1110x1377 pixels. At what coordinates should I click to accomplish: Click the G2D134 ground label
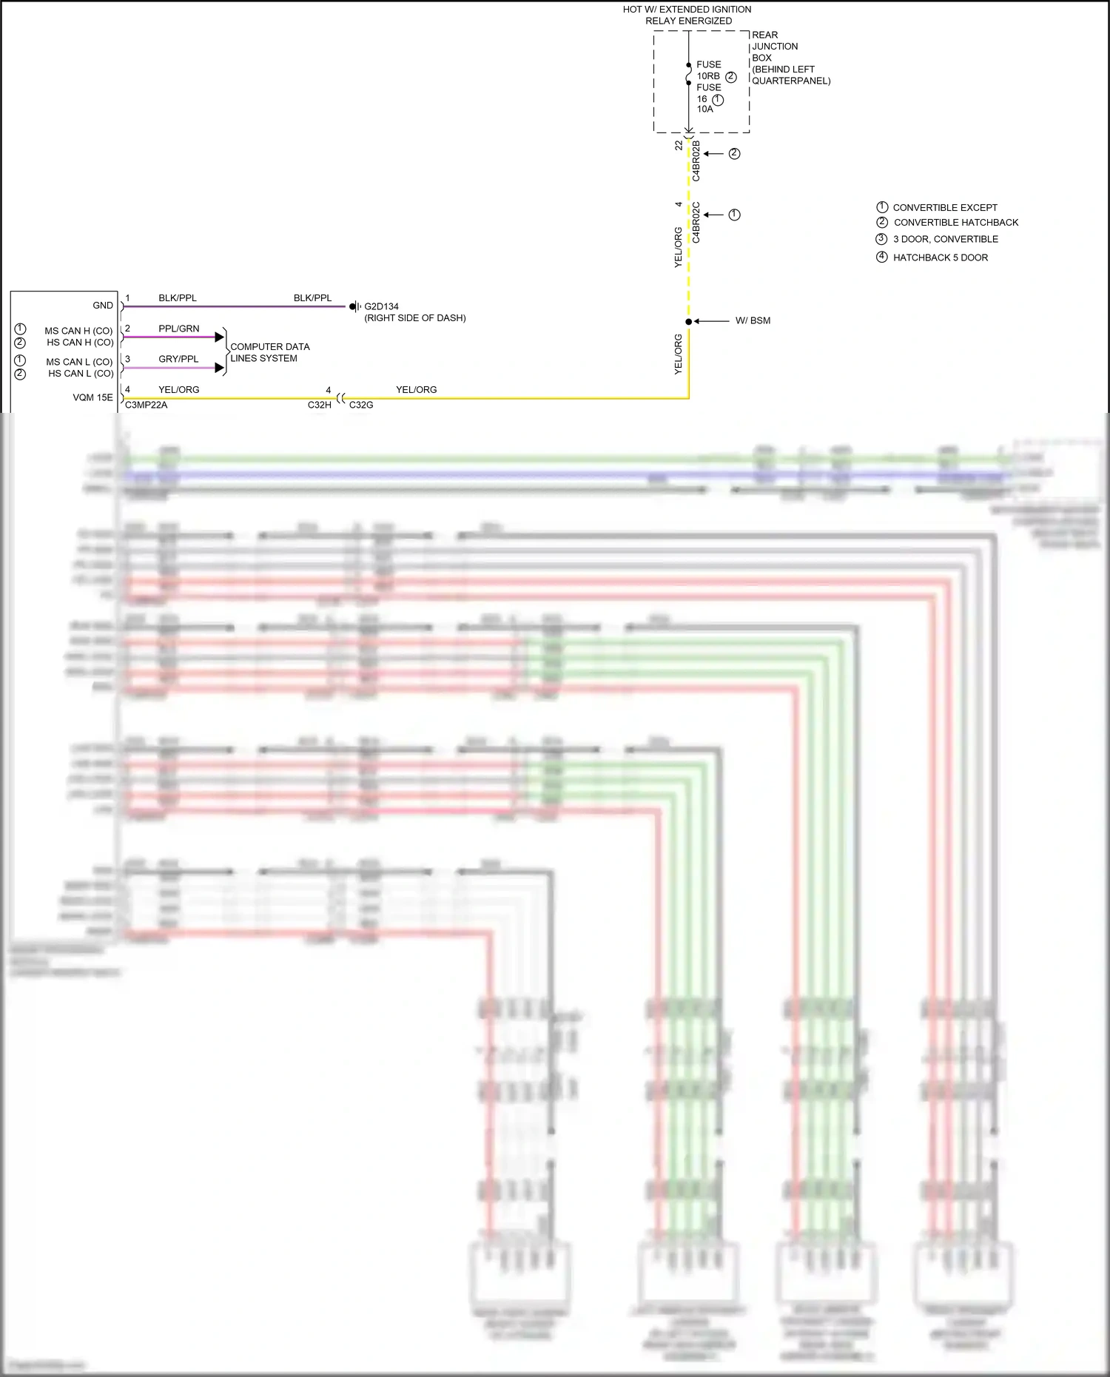click(381, 306)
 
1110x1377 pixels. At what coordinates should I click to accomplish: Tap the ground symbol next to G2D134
click(354, 306)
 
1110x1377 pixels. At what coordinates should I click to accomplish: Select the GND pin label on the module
click(103, 306)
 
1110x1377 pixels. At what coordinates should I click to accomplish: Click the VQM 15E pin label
click(93, 397)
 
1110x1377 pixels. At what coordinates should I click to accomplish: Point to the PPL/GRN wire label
click(178, 329)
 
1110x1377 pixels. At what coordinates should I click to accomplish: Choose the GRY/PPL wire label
click(178, 359)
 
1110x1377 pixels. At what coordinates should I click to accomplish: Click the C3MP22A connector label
click(146, 405)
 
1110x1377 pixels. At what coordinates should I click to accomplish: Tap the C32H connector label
click(319, 405)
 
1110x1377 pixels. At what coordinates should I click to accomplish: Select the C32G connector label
click(361, 405)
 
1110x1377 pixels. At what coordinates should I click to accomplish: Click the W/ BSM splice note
click(753, 320)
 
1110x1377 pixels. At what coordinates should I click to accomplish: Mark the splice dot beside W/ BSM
click(688, 322)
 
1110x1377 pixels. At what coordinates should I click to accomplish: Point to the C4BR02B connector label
click(696, 161)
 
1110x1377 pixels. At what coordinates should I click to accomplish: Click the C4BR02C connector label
click(696, 222)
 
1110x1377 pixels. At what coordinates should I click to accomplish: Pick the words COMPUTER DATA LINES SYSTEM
click(269, 352)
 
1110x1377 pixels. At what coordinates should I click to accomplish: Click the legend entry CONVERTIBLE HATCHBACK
click(955, 223)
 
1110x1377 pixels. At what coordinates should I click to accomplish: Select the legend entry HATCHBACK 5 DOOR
click(940, 257)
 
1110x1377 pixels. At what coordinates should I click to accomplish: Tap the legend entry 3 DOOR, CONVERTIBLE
click(945, 239)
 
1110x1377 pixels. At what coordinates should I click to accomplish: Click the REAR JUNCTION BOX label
click(790, 58)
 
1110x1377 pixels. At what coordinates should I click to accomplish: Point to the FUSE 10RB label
click(708, 70)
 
